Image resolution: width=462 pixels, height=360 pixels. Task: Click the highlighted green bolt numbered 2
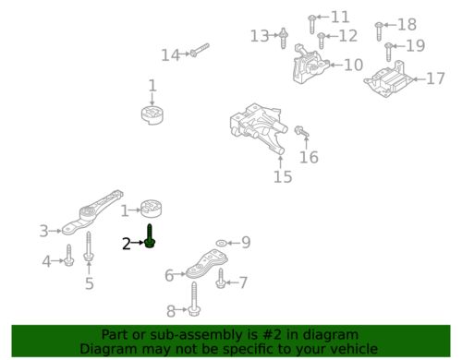tap(150, 236)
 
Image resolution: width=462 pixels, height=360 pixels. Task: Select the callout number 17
tap(435, 78)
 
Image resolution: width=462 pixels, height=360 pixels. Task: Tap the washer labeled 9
tap(221, 243)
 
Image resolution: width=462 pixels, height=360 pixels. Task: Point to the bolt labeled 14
tap(200, 50)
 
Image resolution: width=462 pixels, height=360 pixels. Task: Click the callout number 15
tap(283, 176)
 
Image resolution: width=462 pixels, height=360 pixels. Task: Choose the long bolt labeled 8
tap(193, 299)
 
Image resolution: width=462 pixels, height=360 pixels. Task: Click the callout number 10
tap(353, 65)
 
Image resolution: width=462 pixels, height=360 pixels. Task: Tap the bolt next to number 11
tap(312, 24)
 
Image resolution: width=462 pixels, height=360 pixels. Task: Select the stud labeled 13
tap(284, 38)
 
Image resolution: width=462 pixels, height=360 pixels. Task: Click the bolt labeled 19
tap(388, 52)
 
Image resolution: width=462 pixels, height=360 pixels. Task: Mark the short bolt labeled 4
tap(68, 256)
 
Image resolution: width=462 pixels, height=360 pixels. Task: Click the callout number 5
tap(89, 283)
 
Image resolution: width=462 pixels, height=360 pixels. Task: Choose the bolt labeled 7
tap(220, 278)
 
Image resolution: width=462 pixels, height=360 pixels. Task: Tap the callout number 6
tap(169, 275)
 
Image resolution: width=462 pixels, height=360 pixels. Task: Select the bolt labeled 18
tap(379, 31)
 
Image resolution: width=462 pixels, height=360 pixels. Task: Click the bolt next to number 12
tap(322, 41)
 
